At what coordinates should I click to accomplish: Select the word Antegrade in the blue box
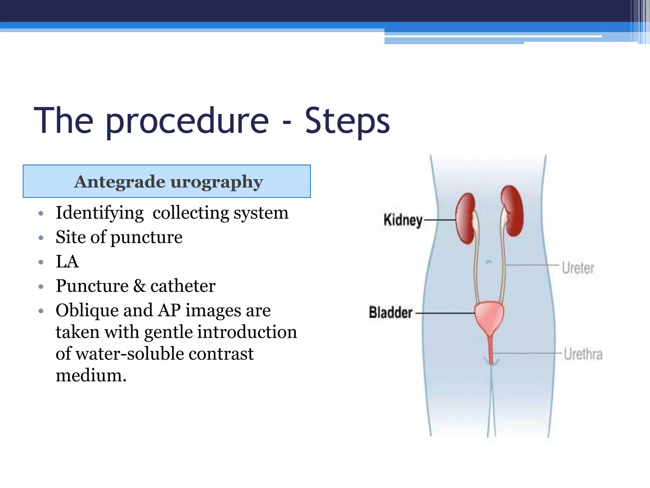pyautogui.click(x=120, y=182)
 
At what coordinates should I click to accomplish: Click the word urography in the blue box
pyautogui.click(x=217, y=182)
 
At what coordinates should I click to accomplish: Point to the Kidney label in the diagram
pyautogui.click(x=403, y=220)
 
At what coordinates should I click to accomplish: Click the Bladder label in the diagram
pyautogui.click(x=390, y=313)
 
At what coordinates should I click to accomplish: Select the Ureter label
pyautogui.click(x=578, y=268)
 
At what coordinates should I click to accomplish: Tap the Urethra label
pyautogui.click(x=583, y=354)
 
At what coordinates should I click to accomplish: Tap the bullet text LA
pyautogui.click(x=67, y=261)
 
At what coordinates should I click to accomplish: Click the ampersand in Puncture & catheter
pyautogui.click(x=139, y=286)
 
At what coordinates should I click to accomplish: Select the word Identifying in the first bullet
pyautogui.click(x=100, y=213)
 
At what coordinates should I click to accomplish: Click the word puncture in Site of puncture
pyautogui.click(x=146, y=237)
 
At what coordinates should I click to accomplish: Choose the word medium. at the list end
pyautogui.click(x=91, y=375)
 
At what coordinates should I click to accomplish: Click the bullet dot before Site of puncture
pyautogui.click(x=41, y=238)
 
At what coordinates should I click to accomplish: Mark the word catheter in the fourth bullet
pyautogui.click(x=183, y=286)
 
